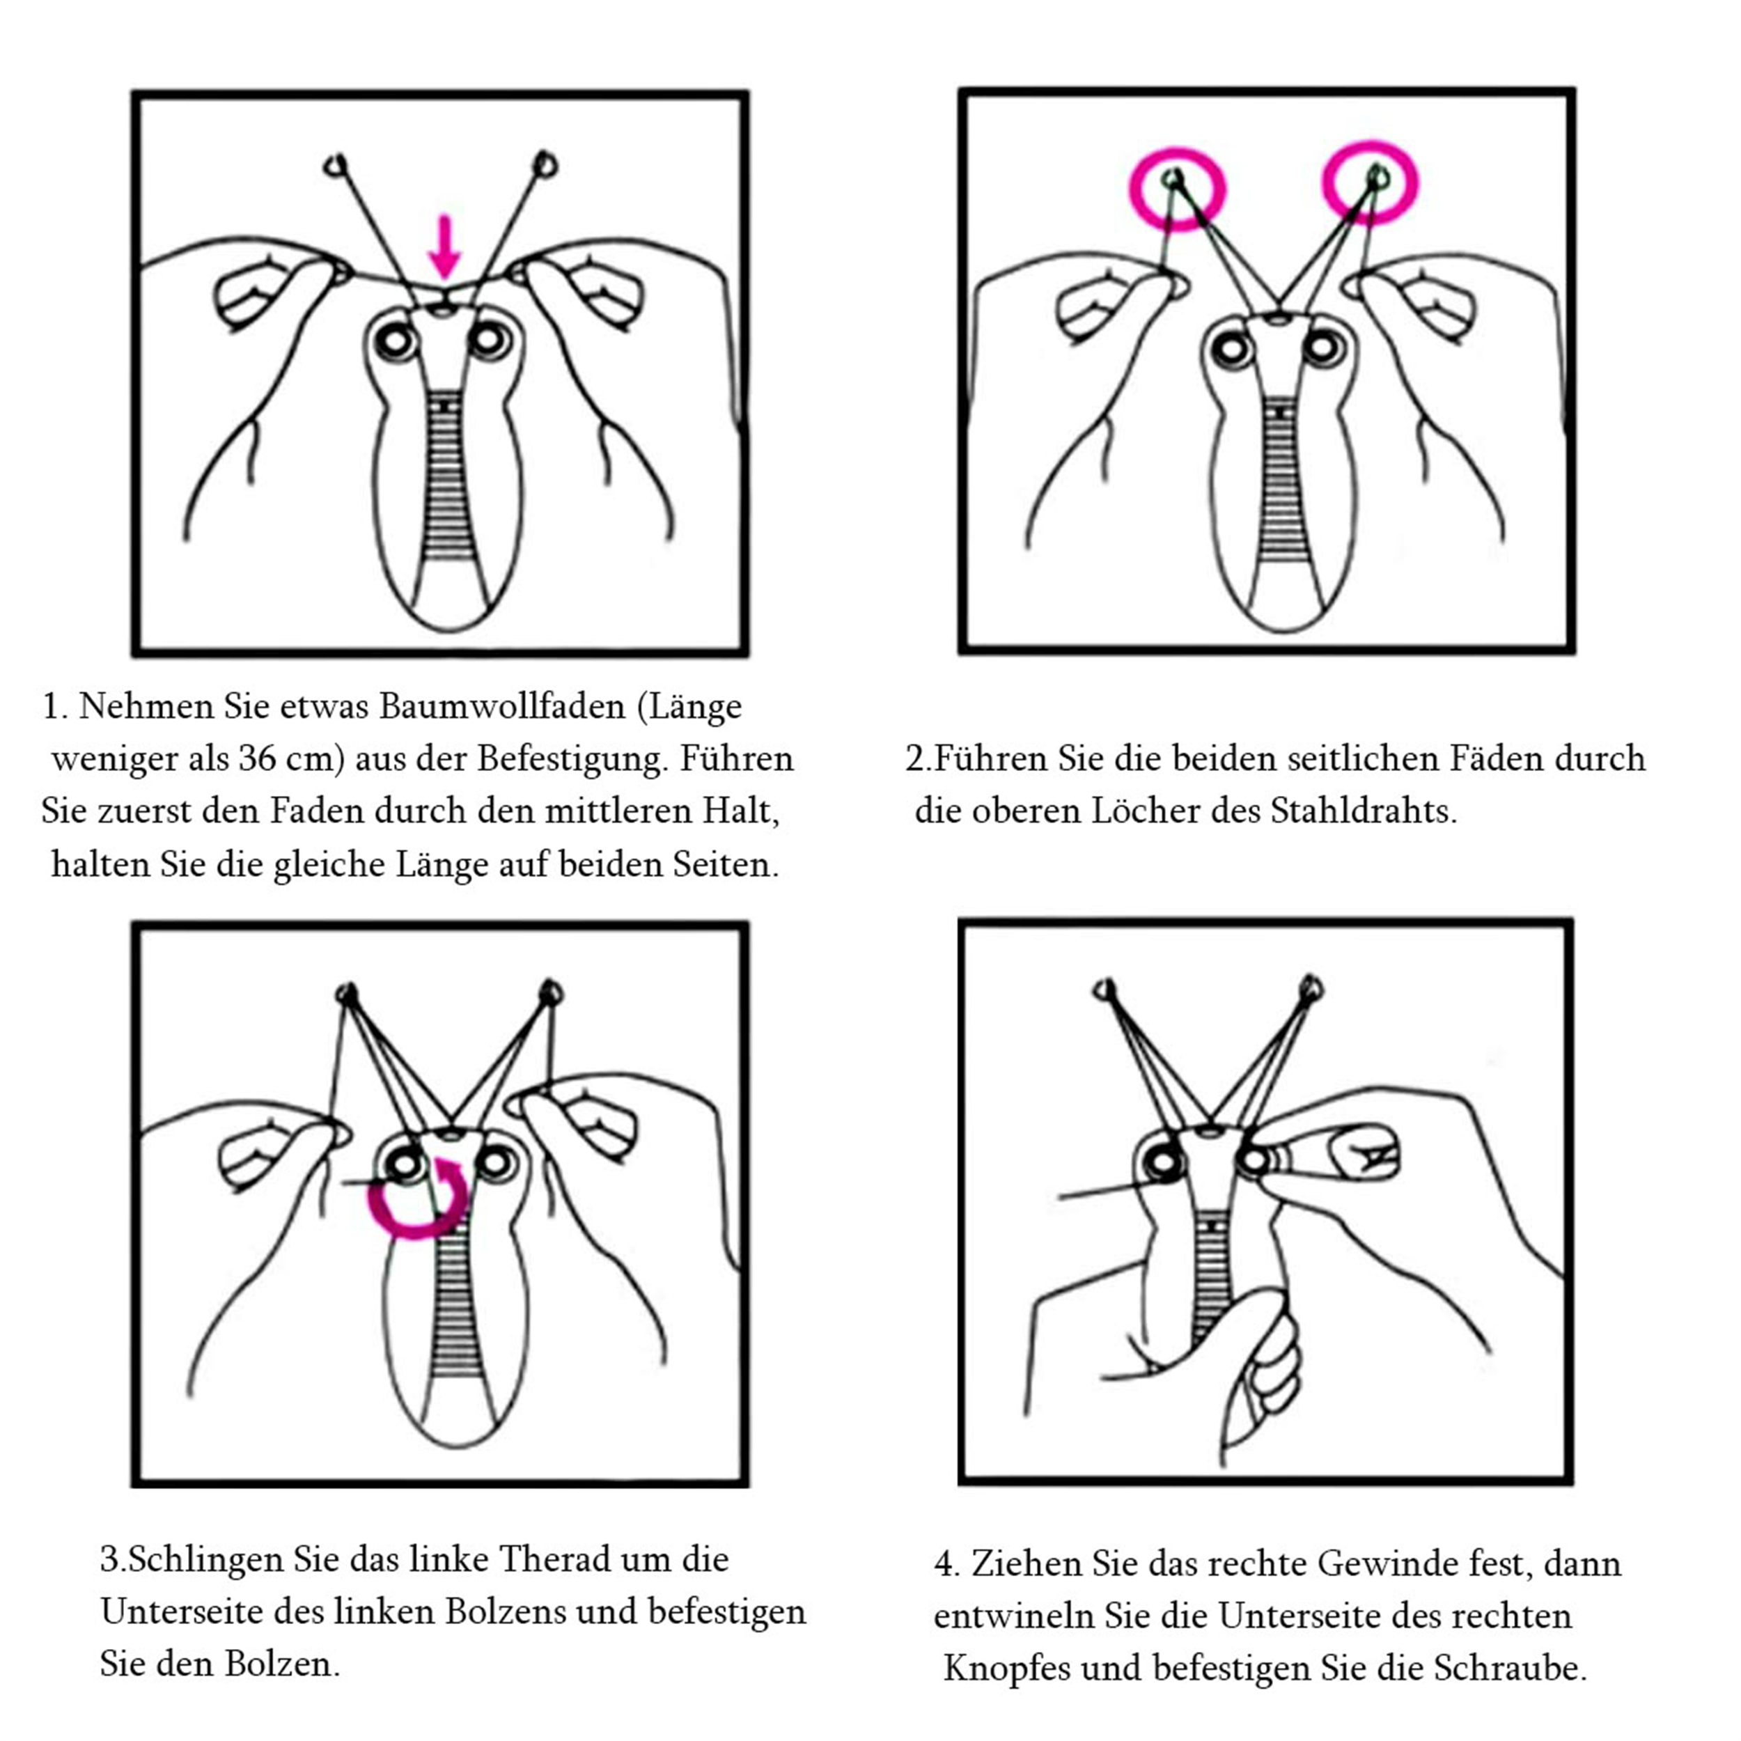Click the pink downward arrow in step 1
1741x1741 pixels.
444,246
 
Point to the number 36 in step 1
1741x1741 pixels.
257,759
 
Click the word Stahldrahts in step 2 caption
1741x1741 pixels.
1364,811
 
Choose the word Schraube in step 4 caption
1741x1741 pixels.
1510,1668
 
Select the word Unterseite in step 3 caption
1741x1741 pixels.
182,1612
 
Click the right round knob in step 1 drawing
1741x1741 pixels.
490,340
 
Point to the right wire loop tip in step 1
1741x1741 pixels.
545,165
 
